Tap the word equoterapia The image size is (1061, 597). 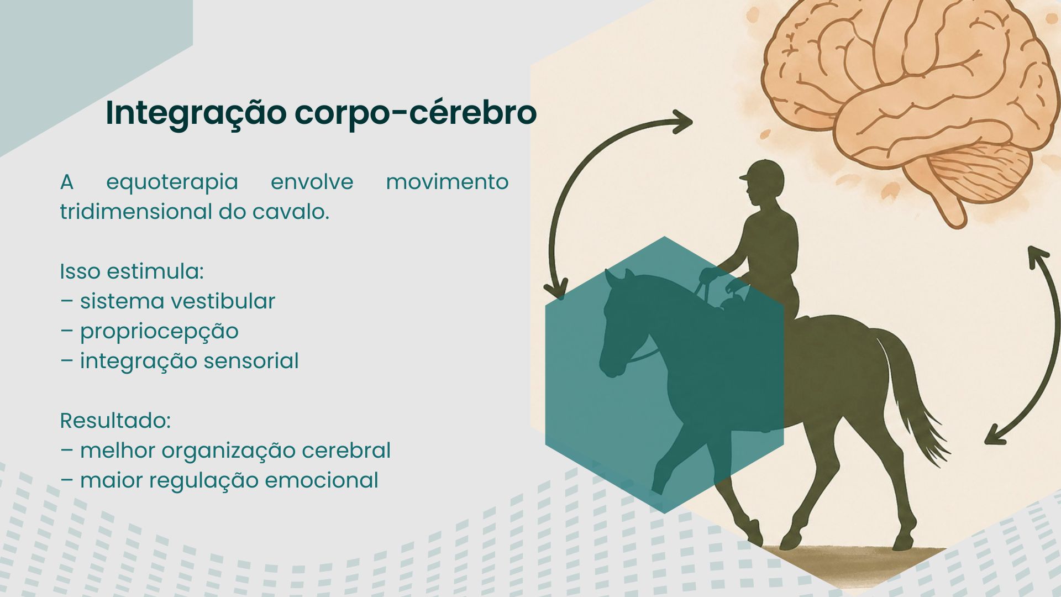[x=172, y=183]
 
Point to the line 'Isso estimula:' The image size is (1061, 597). [x=132, y=271]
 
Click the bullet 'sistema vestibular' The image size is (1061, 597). [x=177, y=301]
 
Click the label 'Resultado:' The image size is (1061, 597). [x=115, y=421]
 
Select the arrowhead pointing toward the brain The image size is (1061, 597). [x=681, y=122]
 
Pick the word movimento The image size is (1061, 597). [x=447, y=182]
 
